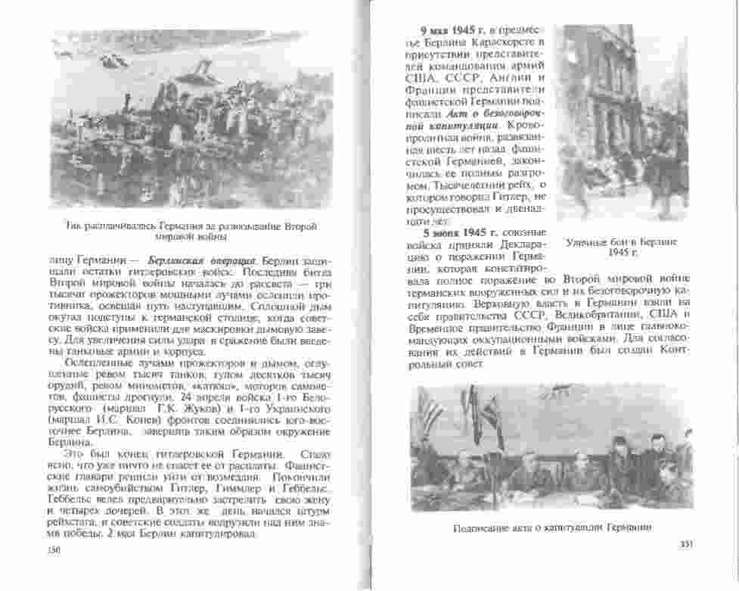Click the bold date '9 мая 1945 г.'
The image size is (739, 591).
coord(452,30)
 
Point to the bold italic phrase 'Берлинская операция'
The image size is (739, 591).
coord(185,260)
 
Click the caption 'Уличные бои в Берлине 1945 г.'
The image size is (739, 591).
coord(621,247)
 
